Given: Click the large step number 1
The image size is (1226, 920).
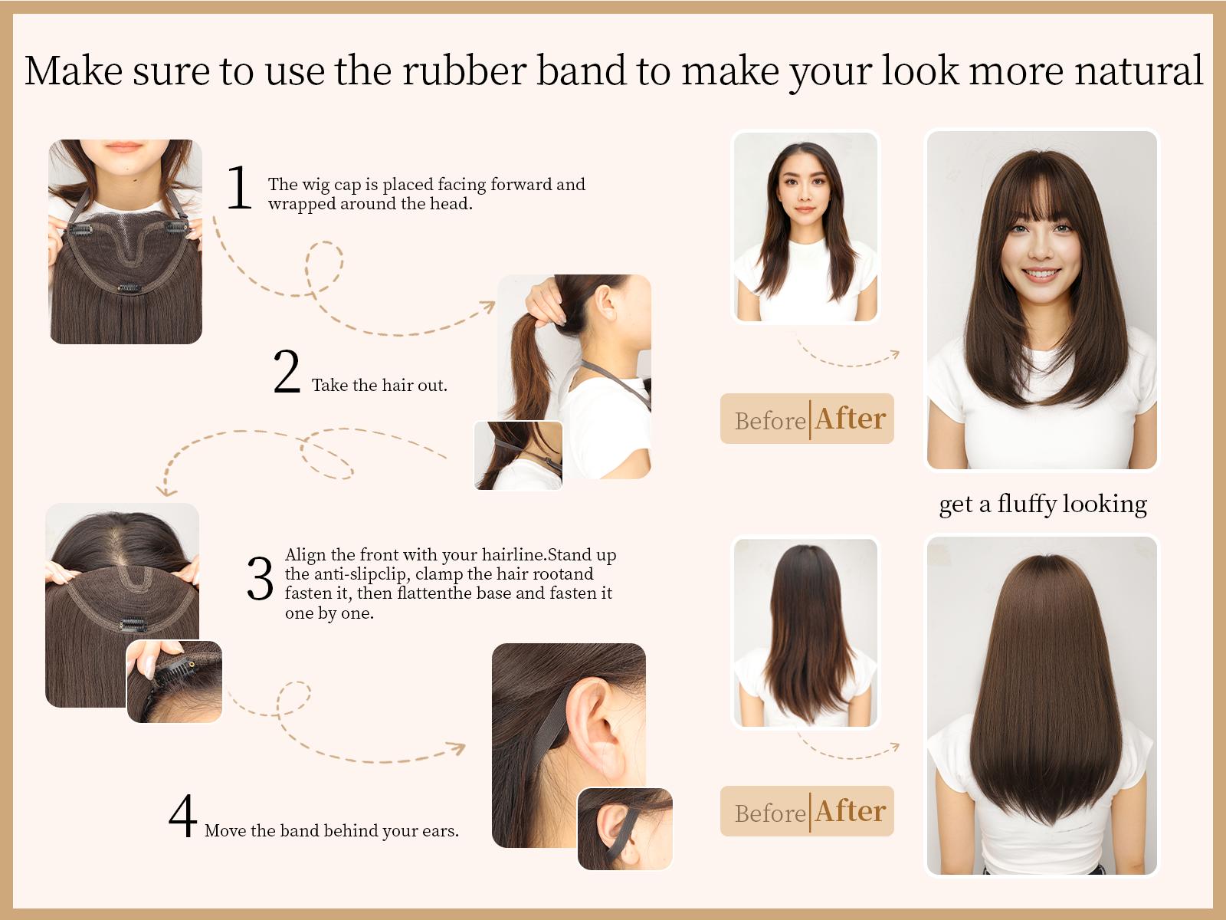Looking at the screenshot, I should (239, 188).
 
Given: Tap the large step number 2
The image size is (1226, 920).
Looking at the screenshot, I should (287, 372).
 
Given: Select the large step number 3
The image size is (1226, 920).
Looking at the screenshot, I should (260, 579).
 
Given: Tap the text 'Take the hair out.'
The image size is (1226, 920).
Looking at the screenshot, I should (379, 386).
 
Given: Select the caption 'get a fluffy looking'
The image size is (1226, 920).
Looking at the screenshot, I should (1042, 504).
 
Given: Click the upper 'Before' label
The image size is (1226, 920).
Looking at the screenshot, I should (769, 420).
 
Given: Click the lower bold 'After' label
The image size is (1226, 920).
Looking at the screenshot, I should (851, 811).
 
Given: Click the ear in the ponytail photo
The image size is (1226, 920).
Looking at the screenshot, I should (606, 302).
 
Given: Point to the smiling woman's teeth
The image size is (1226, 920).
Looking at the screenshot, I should (1041, 274).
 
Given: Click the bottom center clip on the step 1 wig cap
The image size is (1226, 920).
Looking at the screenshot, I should (129, 289).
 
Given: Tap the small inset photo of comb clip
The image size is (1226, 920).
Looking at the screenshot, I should (175, 682).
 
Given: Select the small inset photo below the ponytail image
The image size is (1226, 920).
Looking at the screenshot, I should (519, 455).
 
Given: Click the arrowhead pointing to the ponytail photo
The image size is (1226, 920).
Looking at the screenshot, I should (488, 306).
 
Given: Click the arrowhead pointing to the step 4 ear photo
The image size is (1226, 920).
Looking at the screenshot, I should (457, 747).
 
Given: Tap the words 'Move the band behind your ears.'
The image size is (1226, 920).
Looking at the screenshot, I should (331, 831).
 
